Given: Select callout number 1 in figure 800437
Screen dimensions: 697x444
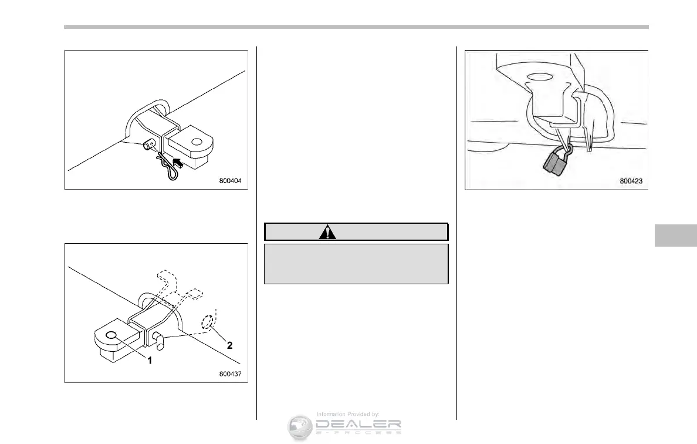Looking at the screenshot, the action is pos(150,361).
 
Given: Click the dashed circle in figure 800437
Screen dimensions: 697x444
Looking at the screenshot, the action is pos(208,323).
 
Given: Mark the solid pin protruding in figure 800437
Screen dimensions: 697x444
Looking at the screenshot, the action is pos(161,339).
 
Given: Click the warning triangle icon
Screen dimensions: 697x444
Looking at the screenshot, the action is pos(327,232).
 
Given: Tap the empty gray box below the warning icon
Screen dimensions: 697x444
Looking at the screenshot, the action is pos(356,264).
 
